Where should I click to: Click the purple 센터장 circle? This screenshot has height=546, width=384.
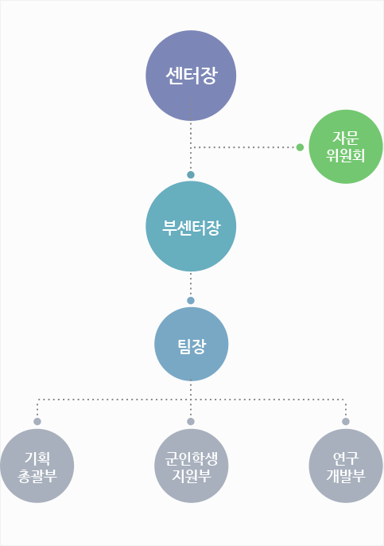191,76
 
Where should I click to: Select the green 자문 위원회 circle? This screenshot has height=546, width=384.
346,146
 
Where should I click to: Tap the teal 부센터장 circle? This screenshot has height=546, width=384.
191,226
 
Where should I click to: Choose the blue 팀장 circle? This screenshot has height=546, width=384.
192,344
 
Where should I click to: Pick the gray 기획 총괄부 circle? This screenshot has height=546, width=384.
37,466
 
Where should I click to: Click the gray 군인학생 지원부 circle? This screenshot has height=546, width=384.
192,466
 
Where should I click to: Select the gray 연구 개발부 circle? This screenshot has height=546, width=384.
346,466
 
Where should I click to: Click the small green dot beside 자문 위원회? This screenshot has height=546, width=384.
300,147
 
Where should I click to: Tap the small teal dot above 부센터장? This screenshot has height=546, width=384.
191,175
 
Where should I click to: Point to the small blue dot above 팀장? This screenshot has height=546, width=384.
191,301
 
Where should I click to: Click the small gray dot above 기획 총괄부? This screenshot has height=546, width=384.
37,422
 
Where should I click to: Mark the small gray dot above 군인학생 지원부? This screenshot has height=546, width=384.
191,422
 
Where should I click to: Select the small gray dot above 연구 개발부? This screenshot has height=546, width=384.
346,422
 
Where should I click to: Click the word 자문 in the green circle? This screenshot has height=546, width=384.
345,138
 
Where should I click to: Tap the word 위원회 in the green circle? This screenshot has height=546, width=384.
345,155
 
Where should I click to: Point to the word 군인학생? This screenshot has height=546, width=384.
192,458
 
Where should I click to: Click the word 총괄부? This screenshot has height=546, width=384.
37,476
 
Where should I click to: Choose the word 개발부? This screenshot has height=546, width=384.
346,475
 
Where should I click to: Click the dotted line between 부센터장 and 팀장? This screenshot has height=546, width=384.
191,284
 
